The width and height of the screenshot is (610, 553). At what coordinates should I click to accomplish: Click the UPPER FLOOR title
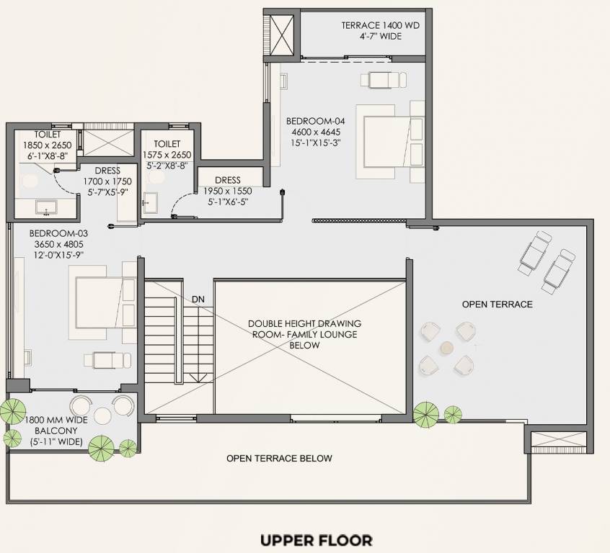tap(316, 539)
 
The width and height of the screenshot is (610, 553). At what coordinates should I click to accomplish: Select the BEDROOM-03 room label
tap(55, 234)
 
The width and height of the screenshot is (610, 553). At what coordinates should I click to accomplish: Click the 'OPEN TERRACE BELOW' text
tap(279, 458)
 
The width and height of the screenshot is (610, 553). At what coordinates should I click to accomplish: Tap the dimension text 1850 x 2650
tap(46, 145)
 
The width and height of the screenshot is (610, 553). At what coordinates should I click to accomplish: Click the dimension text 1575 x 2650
tap(167, 155)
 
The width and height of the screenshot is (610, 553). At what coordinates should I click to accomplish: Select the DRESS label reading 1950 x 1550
tap(228, 192)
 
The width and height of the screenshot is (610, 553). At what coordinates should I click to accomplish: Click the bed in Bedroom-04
tap(386, 141)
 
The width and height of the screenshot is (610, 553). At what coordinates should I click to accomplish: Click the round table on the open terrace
tap(446, 347)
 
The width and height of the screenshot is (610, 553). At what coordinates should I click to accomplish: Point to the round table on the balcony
tap(102, 414)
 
